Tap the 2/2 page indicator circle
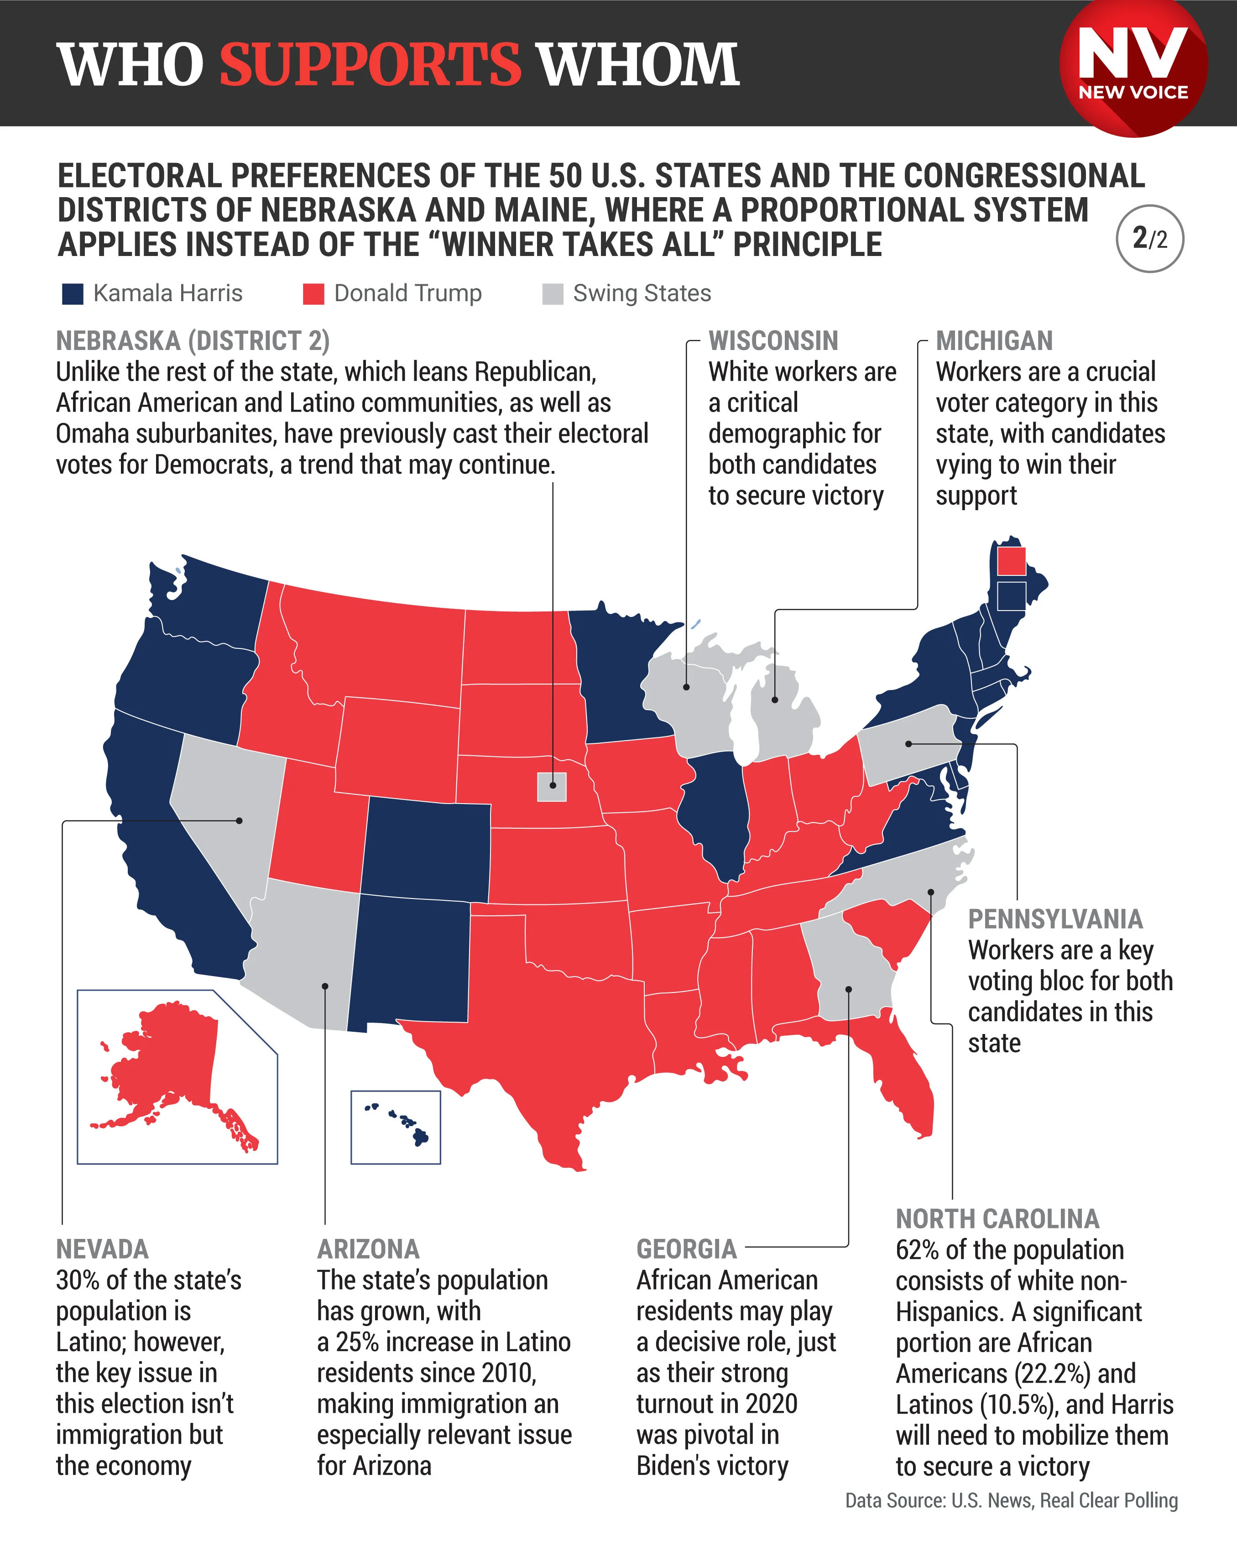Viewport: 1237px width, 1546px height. (1149, 239)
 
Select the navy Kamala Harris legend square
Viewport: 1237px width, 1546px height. (73, 294)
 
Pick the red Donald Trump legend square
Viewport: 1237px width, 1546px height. (313, 294)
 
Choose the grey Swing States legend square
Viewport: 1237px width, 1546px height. (552, 294)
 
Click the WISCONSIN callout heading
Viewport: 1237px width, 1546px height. (773, 340)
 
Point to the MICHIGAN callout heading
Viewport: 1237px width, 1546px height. (994, 340)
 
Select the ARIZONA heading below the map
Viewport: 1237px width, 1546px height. (368, 1249)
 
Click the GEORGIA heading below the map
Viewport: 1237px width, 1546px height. (686, 1249)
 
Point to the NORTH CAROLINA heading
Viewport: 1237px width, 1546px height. (997, 1218)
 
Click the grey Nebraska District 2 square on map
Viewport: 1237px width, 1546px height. (552, 786)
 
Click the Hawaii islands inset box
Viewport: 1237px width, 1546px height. (395, 1127)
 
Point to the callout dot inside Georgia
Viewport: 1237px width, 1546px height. (848, 989)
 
